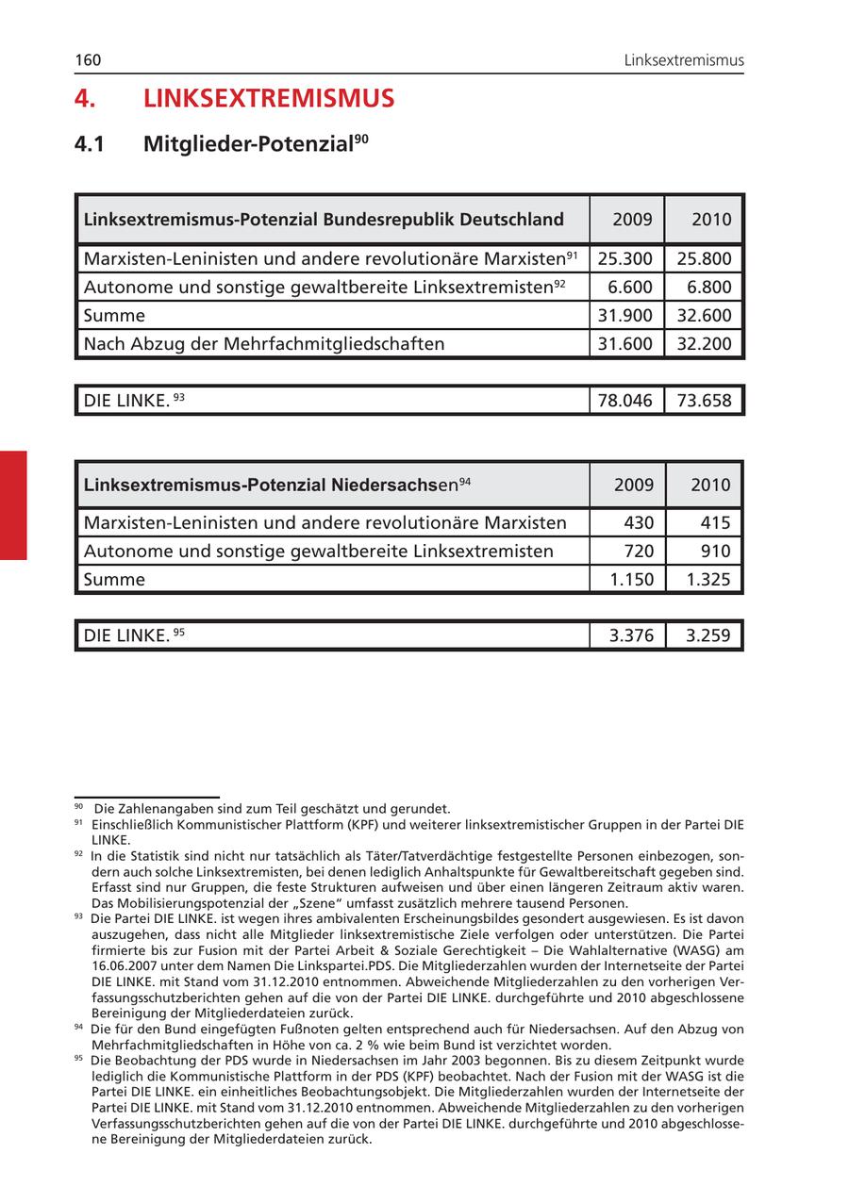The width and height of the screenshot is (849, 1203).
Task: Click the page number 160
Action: [x=88, y=60]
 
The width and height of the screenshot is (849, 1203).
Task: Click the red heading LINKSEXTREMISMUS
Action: [x=269, y=99]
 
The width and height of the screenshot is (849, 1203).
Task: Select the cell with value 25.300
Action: [x=625, y=258]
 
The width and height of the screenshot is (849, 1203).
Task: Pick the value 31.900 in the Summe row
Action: [x=625, y=315]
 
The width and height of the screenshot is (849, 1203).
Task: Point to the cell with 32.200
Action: [x=704, y=343]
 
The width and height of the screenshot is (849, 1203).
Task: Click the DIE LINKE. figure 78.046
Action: [x=625, y=400]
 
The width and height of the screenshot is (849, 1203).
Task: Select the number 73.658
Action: [x=704, y=400]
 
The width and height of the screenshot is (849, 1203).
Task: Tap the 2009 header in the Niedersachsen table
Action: [x=633, y=485]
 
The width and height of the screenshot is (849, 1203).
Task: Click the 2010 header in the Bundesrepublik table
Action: [x=711, y=220]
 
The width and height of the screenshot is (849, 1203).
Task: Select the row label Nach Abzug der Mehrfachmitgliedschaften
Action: [x=264, y=343]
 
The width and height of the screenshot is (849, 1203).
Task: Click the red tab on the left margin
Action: [x=13, y=505]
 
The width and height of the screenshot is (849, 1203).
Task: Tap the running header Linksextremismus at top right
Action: [x=684, y=60]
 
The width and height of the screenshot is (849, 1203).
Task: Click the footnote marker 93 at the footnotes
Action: [x=78, y=915]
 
